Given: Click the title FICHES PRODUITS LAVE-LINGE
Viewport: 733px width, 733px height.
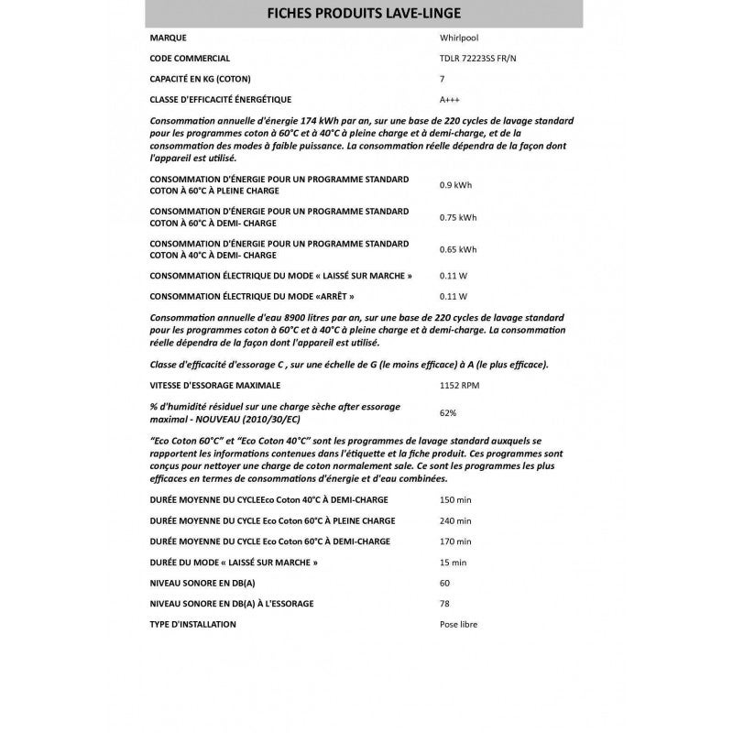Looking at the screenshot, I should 364,14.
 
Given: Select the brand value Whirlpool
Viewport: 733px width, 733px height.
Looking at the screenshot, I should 459,38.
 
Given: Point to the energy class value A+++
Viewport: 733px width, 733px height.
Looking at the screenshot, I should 449,99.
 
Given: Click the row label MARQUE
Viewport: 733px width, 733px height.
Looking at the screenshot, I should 167,38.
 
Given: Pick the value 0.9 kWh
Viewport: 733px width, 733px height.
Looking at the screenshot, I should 455,185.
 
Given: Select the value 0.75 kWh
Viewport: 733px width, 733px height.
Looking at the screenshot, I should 458,217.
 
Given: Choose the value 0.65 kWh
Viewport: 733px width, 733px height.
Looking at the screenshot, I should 458,249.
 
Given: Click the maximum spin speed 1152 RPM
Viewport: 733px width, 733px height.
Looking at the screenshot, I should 460,385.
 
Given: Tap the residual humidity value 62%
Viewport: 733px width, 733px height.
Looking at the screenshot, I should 448,412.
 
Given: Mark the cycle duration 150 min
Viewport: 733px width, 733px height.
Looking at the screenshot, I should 455,500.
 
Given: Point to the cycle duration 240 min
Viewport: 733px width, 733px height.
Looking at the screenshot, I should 455,520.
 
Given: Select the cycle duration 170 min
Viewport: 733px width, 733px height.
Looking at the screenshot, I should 455,542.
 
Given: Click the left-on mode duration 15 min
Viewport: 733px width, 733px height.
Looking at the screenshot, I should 454,562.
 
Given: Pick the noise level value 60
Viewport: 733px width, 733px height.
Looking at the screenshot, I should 444,583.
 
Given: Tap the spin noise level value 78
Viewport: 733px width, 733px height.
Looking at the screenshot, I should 444,603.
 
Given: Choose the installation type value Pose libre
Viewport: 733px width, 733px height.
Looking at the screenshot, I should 458,624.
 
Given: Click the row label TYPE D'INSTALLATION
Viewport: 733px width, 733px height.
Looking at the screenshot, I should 192,624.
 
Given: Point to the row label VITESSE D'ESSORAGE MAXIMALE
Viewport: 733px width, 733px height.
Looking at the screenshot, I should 214,385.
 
